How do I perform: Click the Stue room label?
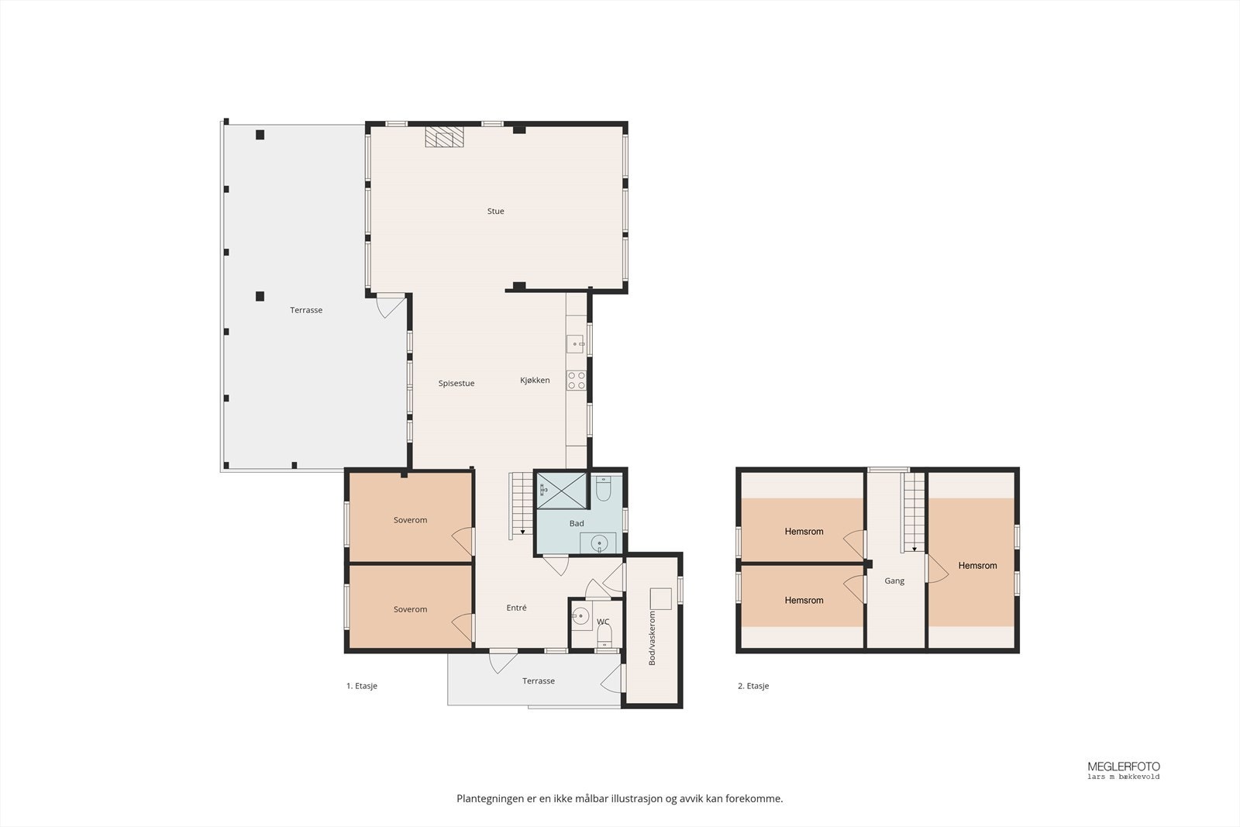click(x=495, y=211)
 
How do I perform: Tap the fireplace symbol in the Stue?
click(x=444, y=138)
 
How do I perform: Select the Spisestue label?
click(x=456, y=383)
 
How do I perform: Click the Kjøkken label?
click(x=535, y=380)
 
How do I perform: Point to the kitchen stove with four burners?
click(x=576, y=380)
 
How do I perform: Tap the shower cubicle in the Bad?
click(x=560, y=489)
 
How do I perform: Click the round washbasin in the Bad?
click(x=599, y=543)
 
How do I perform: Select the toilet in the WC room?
click(x=604, y=637)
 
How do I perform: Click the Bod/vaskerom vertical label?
click(x=652, y=638)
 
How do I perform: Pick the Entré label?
click(x=516, y=608)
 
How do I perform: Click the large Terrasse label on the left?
click(x=306, y=310)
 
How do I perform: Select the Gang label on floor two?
click(x=894, y=581)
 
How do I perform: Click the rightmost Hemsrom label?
click(x=977, y=566)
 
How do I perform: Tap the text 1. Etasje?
click(x=361, y=686)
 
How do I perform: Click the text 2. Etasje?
click(x=753, y=686)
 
